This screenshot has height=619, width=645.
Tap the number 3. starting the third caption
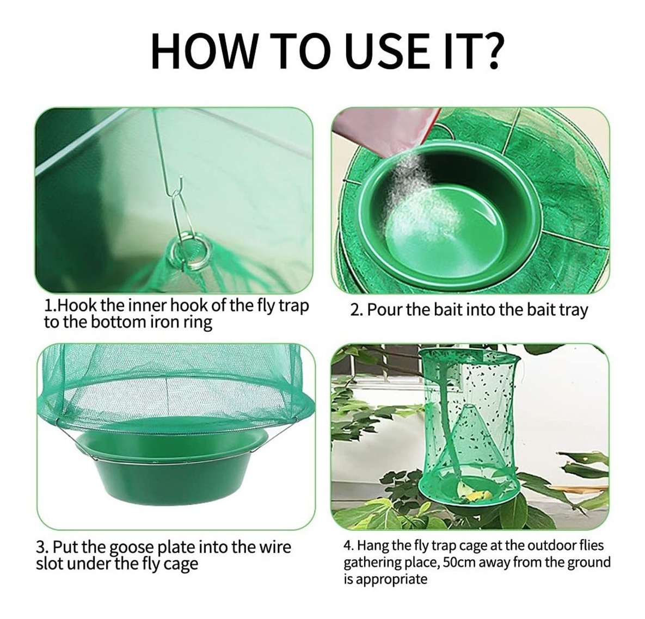click(x=43, y=548)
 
